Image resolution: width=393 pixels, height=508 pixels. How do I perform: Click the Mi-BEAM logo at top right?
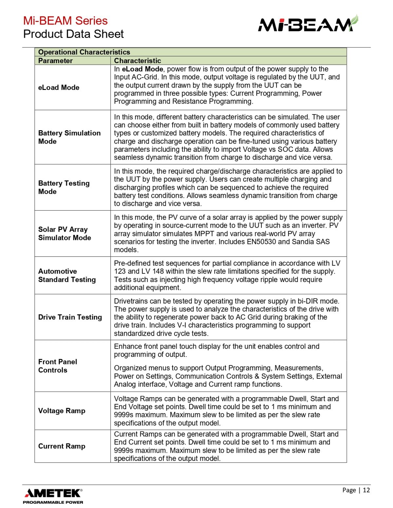(308, 24)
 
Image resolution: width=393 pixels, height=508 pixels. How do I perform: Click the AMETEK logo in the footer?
(53, 493)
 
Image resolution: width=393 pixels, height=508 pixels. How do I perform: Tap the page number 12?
(366, 490)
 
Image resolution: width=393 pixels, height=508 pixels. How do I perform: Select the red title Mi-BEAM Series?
(65, 21)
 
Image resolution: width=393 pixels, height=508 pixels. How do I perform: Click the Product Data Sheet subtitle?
(73, 34)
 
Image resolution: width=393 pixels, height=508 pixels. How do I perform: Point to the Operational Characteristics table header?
(84, 52)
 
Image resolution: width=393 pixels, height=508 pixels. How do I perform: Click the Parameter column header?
(55, 61)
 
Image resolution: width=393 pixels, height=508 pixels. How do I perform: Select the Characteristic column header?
(138, 61)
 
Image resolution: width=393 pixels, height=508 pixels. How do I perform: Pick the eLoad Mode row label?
(59, 87)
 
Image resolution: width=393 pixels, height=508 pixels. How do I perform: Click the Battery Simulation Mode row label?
(69, 137)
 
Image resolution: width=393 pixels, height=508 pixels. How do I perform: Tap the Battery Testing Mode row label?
(64, 187)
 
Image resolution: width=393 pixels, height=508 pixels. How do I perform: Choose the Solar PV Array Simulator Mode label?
(65, 233)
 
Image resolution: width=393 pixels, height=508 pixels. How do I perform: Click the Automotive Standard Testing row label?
(67, 275)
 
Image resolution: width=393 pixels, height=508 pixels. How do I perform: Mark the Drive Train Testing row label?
(70, 317)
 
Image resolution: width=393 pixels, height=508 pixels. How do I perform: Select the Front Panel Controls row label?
(58, 366)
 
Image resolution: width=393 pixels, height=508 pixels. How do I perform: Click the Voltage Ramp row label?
(62, 411)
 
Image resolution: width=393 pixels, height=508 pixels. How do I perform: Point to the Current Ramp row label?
(62, 446)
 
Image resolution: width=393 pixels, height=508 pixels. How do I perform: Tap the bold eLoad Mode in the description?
(142, 69)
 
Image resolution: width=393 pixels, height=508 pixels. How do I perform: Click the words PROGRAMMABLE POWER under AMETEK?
(53, 502)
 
